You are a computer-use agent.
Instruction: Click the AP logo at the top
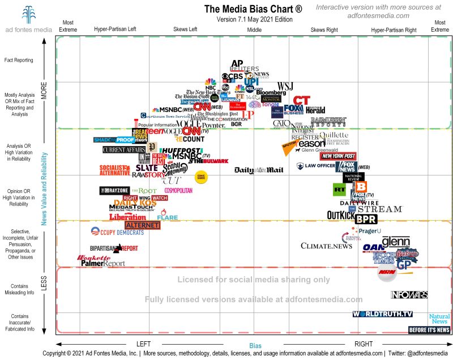(237, 64)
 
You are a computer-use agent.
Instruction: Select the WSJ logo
(285, 85)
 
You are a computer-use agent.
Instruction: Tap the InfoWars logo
(409, 295)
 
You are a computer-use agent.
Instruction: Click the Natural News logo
(439, 319)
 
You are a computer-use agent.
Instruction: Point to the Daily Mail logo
(258, 170)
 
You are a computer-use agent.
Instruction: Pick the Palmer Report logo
(102, 263)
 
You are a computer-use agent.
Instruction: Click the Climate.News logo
(326, 246)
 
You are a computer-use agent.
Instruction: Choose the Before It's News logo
(429, 330)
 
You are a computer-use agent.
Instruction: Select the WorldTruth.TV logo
(382, 314)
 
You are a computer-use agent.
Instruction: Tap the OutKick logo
(340, 215)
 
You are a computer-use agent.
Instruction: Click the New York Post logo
(338, 156)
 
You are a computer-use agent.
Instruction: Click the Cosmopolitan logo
(178, 191)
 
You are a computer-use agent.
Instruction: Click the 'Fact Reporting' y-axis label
(19, 60)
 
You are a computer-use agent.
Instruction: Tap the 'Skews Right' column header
(325, 29)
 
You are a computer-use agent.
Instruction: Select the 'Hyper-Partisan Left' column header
(115, 29)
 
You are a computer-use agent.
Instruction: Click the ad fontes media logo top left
(28, 19)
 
